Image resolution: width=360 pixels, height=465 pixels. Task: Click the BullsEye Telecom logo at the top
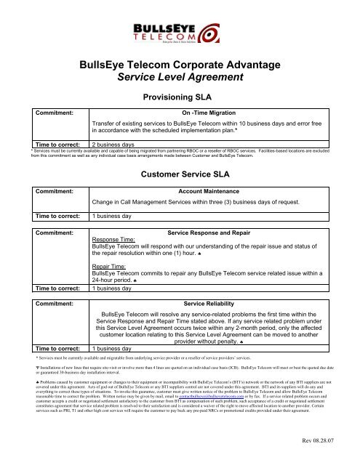coord(180,33)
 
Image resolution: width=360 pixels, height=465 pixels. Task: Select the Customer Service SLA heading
coord(180,174)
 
